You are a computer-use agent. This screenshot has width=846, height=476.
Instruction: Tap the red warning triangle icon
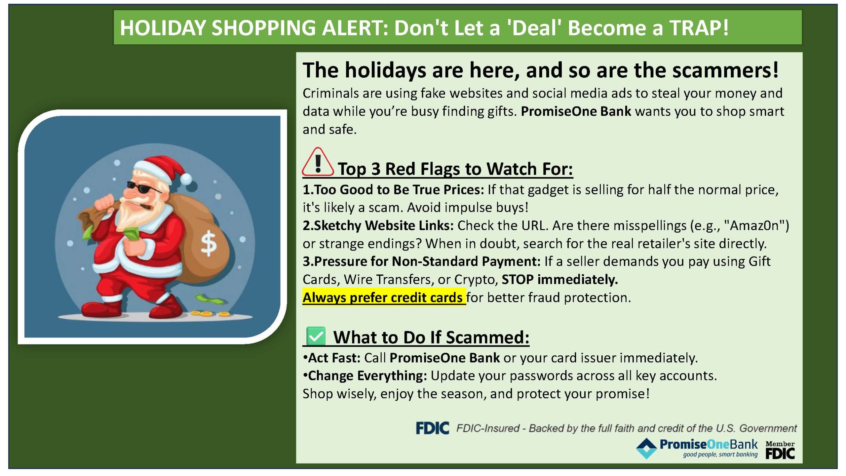click(x=318, y=162)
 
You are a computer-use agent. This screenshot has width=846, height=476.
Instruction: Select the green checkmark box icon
click(x=316, y=336)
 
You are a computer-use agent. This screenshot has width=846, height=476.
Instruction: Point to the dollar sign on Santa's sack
click(x=209, y=244)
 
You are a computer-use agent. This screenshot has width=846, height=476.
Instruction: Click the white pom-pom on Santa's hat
click(x=186, y=178)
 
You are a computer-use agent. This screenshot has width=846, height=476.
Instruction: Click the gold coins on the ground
click(x=210, y=313)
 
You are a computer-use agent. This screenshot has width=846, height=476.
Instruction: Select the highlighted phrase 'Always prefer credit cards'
click(x=383, y=297)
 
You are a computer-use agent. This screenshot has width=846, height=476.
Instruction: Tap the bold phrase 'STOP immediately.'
click(x=560, y=280)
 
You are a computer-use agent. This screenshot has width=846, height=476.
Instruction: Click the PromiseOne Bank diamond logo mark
click(x=646, y=449)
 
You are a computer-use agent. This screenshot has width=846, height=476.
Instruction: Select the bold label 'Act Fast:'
click(x=332, y=358)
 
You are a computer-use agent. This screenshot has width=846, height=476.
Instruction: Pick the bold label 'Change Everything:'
click(x=365, y=376)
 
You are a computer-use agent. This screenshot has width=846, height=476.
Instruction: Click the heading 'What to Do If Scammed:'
click(x=431, y=337)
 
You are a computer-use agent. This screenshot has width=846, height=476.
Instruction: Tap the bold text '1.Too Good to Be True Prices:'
click(x=393, y=190)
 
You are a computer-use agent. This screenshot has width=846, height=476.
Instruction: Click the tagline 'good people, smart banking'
click(x=720, y=455)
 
